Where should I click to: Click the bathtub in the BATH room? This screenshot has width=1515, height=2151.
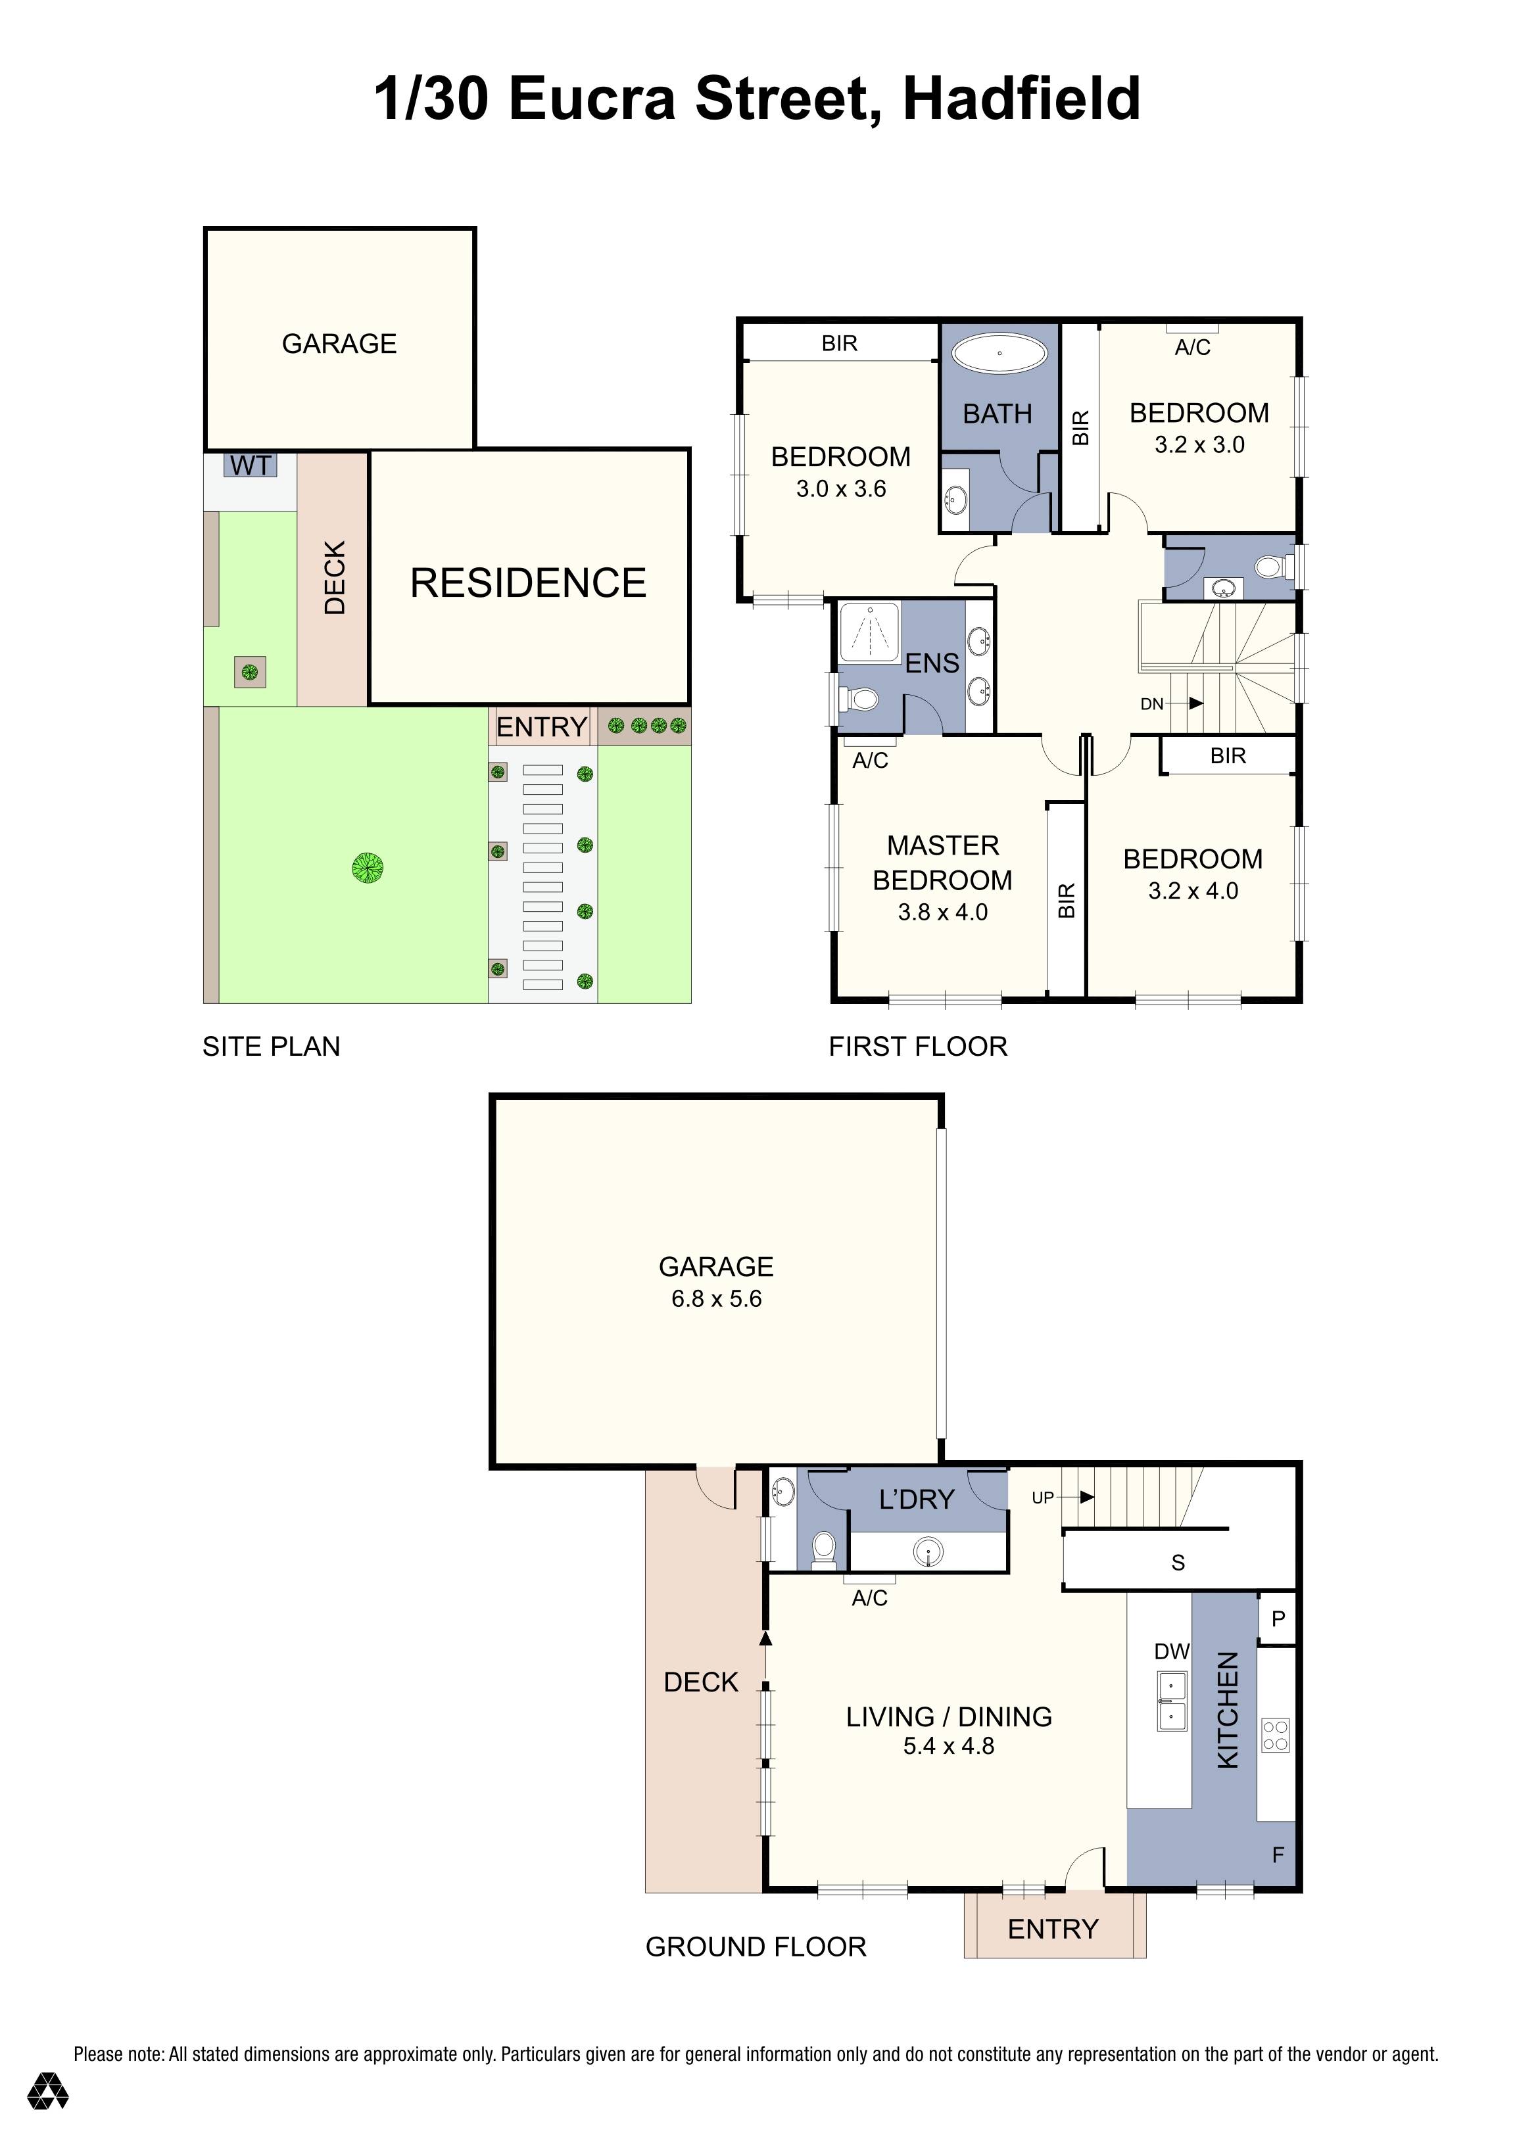[x=999, y=354]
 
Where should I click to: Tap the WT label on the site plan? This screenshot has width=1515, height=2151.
[x=250, y=465]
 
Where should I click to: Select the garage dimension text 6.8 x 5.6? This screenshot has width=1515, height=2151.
[x=716, y=1298]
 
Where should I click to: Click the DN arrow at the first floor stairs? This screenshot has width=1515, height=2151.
[x=1195, y=703]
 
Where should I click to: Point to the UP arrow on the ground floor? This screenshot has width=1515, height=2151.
[x=1086, y=1497]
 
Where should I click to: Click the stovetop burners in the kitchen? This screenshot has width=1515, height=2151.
[x=1275, y=1734]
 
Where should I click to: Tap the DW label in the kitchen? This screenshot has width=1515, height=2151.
[x=1171, y=1651]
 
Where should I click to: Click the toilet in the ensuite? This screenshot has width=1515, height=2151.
[x=860, y=699]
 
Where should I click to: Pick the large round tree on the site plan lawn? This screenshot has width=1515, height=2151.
[x=368, y=868]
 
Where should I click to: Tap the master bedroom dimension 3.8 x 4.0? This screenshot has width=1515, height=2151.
[x=942, y=912]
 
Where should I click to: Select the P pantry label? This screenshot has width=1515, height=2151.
[x=1277, y=1618]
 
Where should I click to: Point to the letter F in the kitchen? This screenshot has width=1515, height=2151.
[x=1278, y=1854]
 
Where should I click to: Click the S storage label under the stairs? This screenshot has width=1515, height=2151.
[x=1178, y=1563]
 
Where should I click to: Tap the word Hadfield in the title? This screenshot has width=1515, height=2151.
[x=1021, y=99]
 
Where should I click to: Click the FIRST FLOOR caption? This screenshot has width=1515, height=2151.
[x=917, y=1047]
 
